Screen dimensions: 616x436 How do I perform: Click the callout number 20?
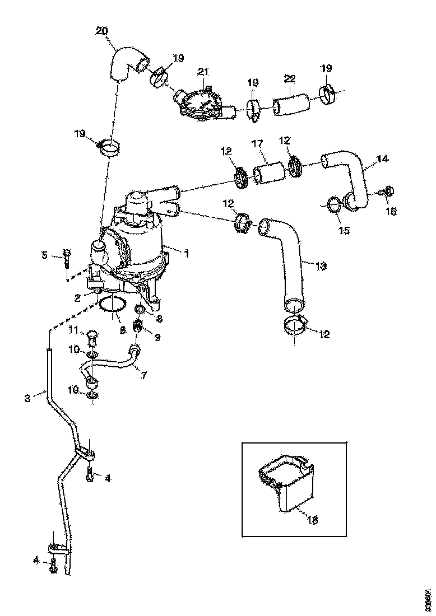(x=102, y=31)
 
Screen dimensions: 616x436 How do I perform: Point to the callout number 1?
(x=187, y=253)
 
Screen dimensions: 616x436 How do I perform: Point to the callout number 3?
(x=27, y=398)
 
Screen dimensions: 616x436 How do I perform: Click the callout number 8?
(x=160, y=318)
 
